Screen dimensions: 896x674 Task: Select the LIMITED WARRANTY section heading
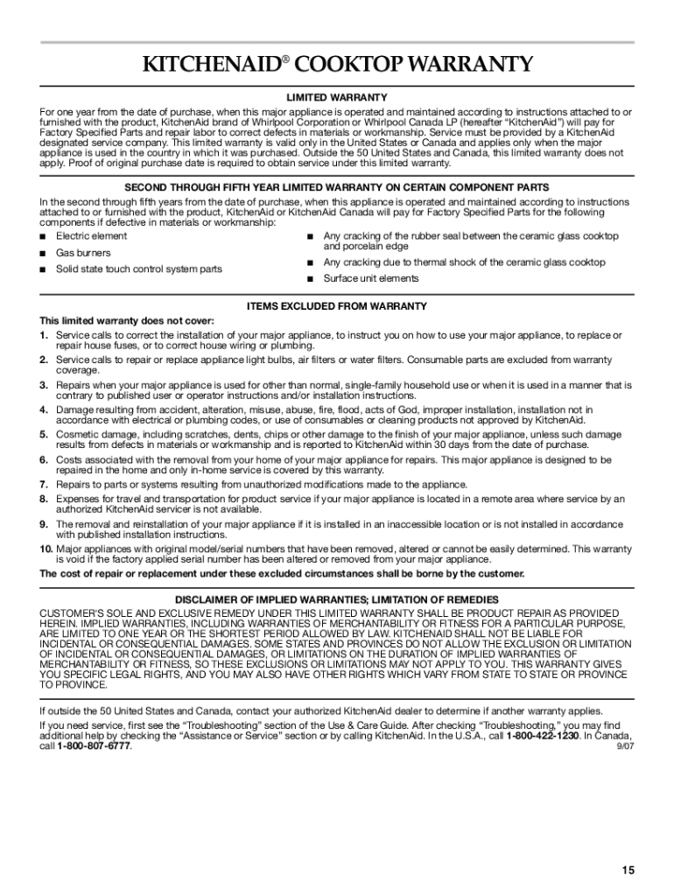pyautogui.click(x=337, y=97)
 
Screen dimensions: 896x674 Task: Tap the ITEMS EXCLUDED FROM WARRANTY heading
pyautogui.click(x=337, y=306)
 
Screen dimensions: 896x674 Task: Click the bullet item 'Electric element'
pyautogui.click(x=91, y=236)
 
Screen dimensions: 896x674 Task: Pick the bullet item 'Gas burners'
pyautogui.click(x=83, y=253)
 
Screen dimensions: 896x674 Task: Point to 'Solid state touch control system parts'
pyautogui.click(x=138, y=269)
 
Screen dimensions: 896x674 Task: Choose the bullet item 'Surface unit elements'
pyautogui.click(x=371, y=278)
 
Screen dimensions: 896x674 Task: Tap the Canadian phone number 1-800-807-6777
pyautogui.click(x=94, y=746)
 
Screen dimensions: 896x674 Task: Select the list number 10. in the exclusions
pyautogui.click(x=46, y=549)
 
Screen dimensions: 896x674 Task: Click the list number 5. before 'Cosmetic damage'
pyautogui.click(x=44, y=434)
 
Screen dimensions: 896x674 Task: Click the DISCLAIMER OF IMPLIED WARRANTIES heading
pyautogui.click(x=337, y=599)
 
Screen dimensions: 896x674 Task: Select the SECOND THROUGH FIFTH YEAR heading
pyautogui.click(x=337, y=187)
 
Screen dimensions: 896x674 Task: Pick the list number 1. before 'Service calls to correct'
pyautogui.click(x=44, y=335)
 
